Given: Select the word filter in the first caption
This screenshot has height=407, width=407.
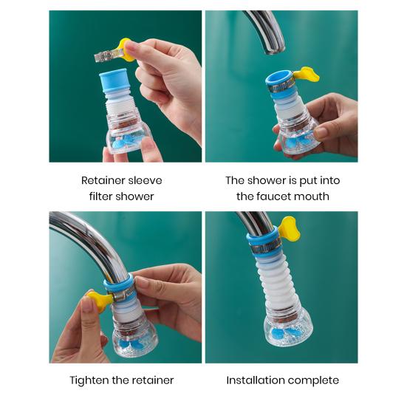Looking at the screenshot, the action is click(x=100, y=196).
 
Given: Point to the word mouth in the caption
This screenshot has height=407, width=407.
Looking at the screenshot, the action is click(x=313, y=196).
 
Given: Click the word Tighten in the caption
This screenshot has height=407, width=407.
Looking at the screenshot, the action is click(x=89, y=380).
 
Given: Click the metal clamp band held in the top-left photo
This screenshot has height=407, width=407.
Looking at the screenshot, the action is click(x=108, y=55).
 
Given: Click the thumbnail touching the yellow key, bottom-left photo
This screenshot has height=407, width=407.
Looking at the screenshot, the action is click(x=87, y=304).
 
